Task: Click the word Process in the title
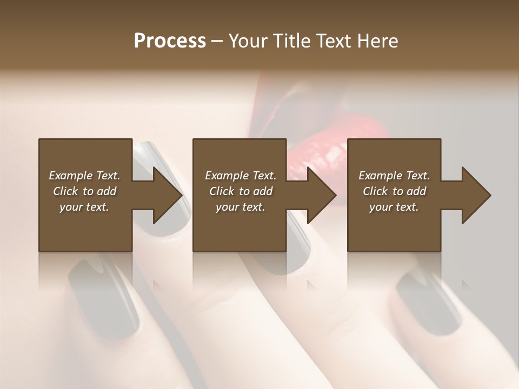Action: (x=170, y=41)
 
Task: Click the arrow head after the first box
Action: (x=168, y=195)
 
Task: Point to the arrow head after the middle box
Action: (x=322, y=195)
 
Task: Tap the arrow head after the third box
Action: (x=476, y=195)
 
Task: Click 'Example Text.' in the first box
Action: (x=84, y=176)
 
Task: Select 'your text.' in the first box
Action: (x=84, y=207)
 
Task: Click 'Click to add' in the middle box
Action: (x=241, y=191)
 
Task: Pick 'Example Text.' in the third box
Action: (x=394, y=176)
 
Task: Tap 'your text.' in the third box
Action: (x=394, y=207)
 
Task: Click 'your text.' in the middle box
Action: (x=241, y=207)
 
